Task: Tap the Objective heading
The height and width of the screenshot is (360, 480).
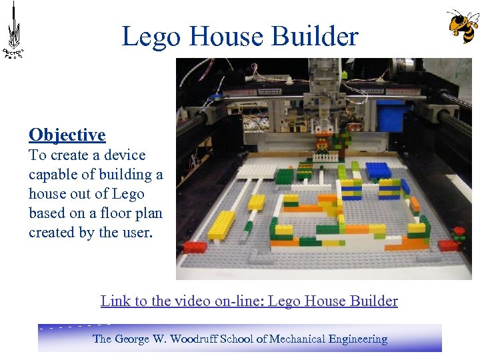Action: pos(67,135)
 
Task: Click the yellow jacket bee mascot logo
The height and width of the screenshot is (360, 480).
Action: pos(462,26)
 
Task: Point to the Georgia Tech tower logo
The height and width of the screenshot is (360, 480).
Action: pos(13,31)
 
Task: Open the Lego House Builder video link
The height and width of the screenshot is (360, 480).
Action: pos(249,301)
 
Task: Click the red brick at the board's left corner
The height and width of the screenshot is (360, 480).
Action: pos(195,247)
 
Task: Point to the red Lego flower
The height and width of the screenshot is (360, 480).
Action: pos(458,233)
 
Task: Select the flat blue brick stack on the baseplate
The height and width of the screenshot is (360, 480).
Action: pos(377,170)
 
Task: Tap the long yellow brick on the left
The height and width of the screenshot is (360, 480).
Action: pos(222,225)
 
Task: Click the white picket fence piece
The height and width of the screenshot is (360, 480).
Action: pos(325,158)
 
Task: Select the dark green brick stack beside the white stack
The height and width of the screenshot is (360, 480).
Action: pos(285,175)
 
